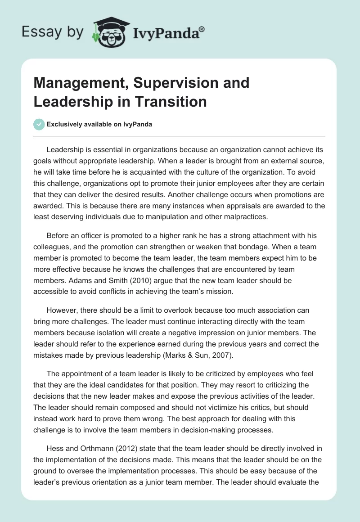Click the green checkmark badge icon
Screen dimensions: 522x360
39,124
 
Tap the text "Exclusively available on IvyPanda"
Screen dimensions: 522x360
99,125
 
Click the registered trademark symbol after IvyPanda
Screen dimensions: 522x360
202,29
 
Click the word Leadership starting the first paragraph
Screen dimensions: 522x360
67,149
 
